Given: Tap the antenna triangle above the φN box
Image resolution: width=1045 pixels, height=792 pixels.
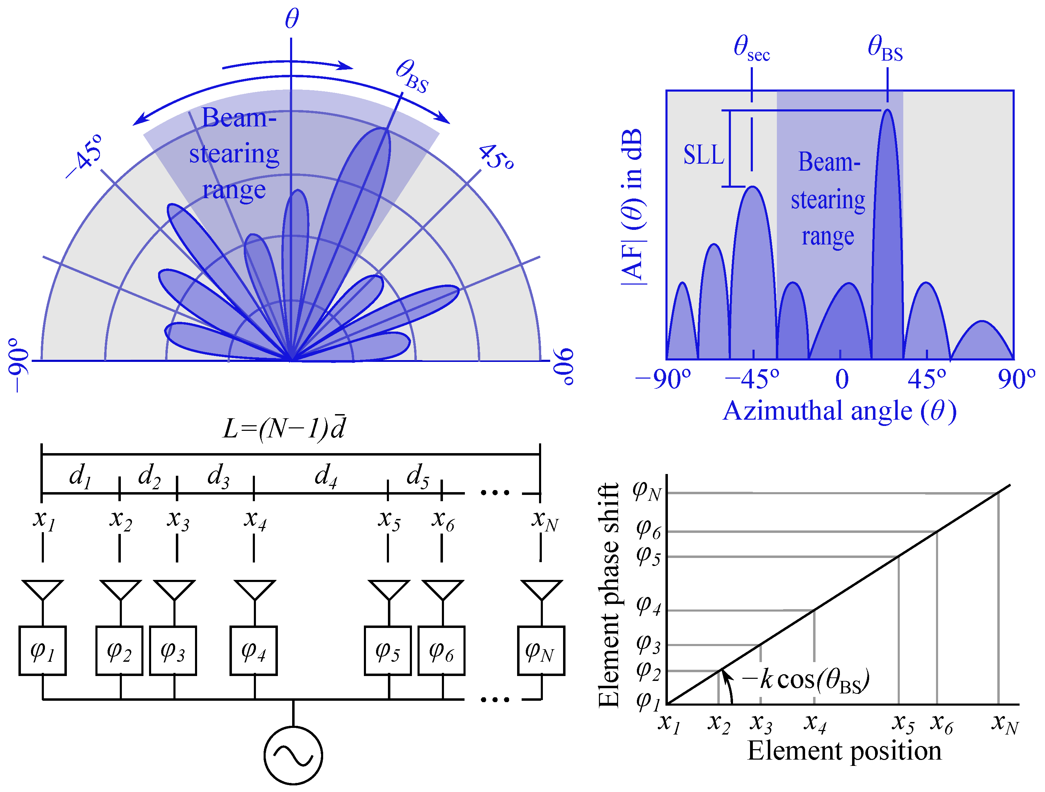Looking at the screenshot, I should click(x=541, y=590).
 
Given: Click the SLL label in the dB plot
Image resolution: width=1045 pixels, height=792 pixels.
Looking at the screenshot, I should click(x=703, y=155).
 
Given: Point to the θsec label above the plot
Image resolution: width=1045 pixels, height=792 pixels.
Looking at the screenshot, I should click(x=751, y=49).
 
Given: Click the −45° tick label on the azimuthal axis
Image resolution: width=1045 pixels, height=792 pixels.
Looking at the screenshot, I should click(x=751, y=379).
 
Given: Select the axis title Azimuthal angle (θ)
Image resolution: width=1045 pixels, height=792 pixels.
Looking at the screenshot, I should click(x=840, y=411).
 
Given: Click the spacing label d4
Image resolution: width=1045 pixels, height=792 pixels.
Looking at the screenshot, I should click(x=326, y=475).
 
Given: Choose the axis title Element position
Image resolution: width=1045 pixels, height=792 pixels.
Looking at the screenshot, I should click(x=844, y=751).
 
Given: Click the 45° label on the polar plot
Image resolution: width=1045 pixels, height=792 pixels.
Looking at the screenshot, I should click(x=496, y=156).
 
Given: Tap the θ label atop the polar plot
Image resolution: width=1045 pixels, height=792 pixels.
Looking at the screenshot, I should click(x=291, y=19).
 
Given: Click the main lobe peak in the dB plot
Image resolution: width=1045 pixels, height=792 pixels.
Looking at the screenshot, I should click(x=888, y=111).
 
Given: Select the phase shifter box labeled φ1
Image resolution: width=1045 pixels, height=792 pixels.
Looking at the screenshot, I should click(x=42, y=650).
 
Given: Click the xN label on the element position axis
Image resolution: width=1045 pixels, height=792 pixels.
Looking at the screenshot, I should click(x=1005, y=723).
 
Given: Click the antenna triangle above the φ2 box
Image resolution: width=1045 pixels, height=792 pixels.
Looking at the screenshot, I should click(x=120, y=590).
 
